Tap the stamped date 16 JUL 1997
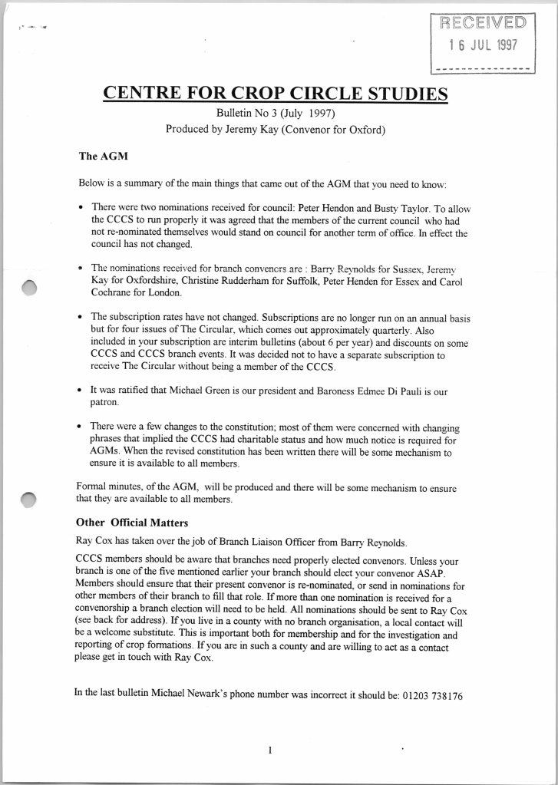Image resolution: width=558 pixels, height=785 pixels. point(483,44)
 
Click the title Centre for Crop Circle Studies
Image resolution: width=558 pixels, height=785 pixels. point(275,94)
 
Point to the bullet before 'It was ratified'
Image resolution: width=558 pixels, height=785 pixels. point(81,391)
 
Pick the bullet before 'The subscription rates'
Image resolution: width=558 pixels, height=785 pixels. point(81,317)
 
